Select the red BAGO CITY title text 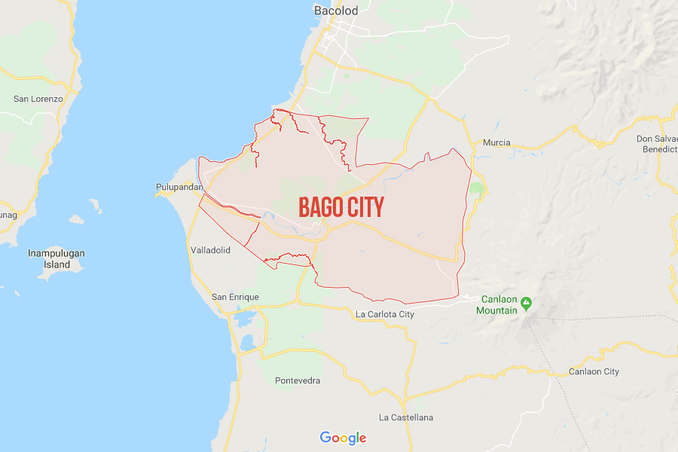[x=341, y=207]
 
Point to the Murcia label [x=496, y=142]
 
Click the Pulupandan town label [x=179, y=187]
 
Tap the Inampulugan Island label [x=56, y=258]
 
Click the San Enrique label [x=235, y=297]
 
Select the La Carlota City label [x=385, y=314]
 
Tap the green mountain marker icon [x=526, y=304]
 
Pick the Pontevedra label [x=298, y=380]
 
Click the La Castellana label [x=406, y=417]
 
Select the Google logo [x=343, y=438]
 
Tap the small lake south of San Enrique [x=245, y=320]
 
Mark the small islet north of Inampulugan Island [x=96, y=205]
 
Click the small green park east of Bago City [x=475, y=188]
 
